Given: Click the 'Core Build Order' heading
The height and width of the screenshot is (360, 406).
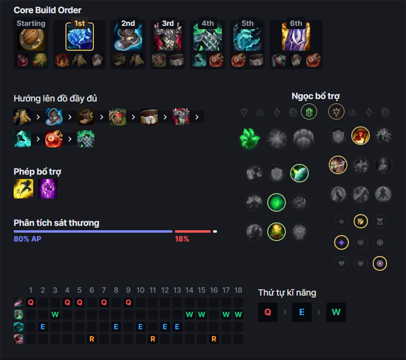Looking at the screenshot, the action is (x=47, y=10).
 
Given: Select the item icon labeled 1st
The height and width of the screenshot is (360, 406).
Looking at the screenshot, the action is (x=79, y=36).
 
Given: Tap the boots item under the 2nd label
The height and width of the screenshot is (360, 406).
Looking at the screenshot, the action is (x=128, y=36).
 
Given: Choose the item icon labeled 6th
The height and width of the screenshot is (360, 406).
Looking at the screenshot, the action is (x=296, y=36).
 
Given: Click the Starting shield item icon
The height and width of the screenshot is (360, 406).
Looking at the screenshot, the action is (x=31, y=39).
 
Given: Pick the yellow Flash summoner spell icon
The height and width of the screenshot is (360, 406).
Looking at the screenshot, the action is (x=23, y=189).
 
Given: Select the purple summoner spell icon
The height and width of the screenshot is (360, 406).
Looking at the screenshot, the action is (x=48, y=189).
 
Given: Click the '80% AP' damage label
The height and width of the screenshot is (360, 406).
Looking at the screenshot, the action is (x=27, y=239).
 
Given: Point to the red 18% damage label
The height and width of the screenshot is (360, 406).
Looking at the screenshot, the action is (x=182, y=239).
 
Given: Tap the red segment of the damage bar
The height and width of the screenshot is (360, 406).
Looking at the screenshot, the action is (x=193, y=232).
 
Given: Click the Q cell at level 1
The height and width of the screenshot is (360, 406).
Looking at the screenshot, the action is (x=31, y=302).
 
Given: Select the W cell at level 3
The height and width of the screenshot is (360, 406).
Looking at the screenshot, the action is (x=55, y=314).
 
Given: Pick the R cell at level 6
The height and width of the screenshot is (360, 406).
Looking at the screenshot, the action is (x=92, y=339).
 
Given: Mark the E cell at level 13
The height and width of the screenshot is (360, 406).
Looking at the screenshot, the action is (x=177, y=327).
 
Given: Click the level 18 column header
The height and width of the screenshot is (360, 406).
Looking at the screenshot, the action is (x=238, y=290).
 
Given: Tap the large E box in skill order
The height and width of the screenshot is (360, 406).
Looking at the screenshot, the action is (x=302, y=312).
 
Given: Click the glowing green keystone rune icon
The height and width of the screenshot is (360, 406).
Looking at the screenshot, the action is (x=250, y=138).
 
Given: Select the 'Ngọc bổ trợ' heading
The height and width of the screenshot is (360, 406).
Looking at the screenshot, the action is (x=315, y=96).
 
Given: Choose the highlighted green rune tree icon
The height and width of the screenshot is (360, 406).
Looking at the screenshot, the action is (x=309, y=111).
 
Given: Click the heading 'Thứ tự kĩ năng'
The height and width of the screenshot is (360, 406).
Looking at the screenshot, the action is (x=287, y=293).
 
